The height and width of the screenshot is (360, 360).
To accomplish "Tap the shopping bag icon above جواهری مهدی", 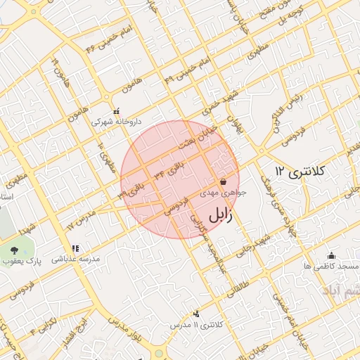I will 223,181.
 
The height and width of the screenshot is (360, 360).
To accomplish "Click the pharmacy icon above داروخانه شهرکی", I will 117,110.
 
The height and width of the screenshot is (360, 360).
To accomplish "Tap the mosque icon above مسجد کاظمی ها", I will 331,255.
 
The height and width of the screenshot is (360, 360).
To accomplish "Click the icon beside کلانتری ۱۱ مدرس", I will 196,314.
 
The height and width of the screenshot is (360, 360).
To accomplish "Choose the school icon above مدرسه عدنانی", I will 75,248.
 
